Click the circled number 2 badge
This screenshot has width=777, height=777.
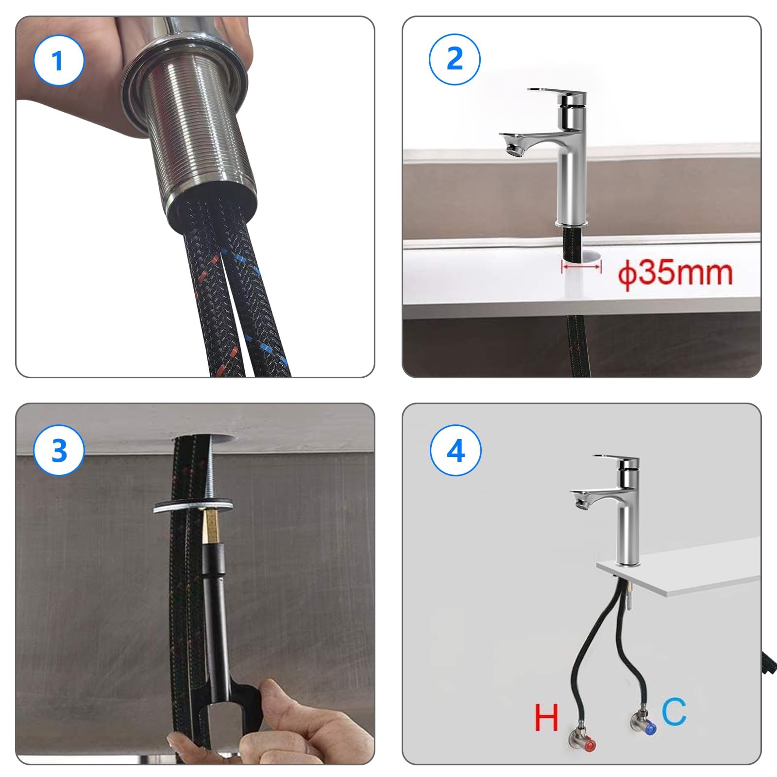[x=455, y=59]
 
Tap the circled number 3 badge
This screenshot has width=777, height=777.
[x=59, y=450]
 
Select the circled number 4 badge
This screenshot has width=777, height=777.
[x=456, y=450]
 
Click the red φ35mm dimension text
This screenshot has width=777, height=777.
[x=675, y=273]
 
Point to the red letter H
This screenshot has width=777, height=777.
[x=546, y=718]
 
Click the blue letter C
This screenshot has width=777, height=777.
[x=674, y=711]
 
